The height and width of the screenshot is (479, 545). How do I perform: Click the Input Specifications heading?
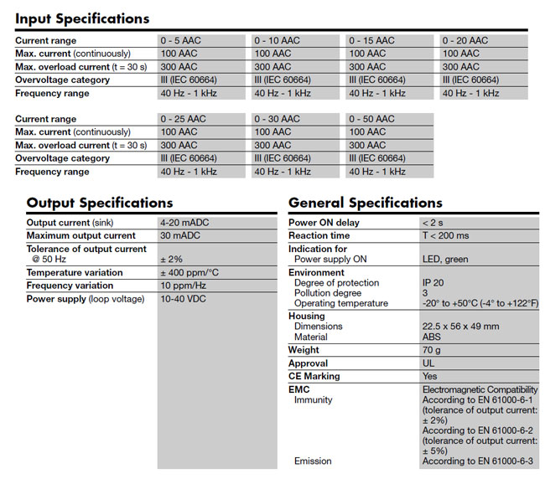(x=82, y=18)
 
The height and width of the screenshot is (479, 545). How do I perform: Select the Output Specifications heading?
(x=100, y=203)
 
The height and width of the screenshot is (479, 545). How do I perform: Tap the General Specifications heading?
(x=365, y=203)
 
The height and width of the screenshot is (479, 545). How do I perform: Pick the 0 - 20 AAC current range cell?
(x=465, y=40)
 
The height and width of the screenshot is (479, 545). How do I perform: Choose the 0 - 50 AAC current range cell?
(x=371, y=119)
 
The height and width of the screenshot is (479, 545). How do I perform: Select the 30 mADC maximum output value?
(x=179, y=236)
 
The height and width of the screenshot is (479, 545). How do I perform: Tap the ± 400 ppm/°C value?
(x=190, y=272)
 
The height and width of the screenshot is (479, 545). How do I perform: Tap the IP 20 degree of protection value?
(x=433, y=282)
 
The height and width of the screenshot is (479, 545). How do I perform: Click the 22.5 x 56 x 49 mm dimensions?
(x=460, y=327)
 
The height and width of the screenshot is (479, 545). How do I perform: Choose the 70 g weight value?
(x=432, y=350)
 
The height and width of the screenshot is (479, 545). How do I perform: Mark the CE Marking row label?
(x=314, y=377)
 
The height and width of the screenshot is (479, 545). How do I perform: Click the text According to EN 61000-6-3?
(x=477, y=461)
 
